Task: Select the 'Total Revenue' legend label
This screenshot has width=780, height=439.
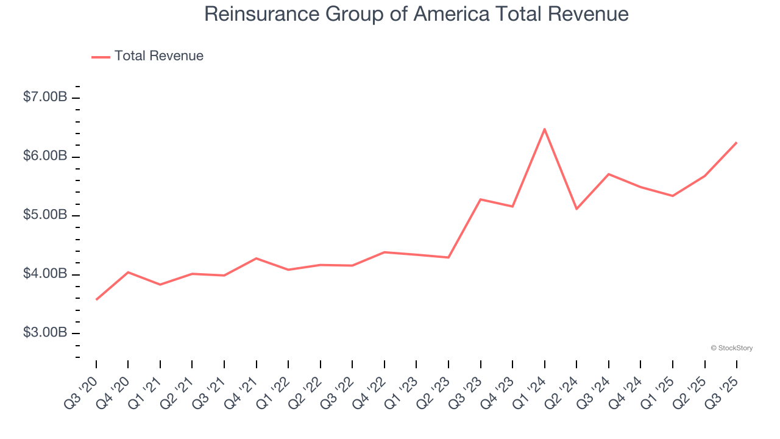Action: point(158,56)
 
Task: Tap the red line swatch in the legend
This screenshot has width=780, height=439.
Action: point(101,57)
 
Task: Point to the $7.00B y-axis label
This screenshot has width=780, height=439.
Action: point(45,97)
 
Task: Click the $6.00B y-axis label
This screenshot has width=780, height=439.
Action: point(45,156)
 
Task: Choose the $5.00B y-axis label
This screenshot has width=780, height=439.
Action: point(45,215)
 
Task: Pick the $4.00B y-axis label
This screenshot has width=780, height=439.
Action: point(45,274)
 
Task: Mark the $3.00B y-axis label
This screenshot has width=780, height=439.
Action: point(45,333)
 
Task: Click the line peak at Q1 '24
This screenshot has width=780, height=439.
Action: point(544,129)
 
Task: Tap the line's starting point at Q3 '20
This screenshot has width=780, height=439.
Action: point(96,299)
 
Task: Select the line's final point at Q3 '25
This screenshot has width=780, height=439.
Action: point(737,143)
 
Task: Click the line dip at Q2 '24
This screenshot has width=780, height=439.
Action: point(576,209)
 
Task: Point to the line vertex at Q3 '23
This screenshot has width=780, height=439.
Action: point(481,199)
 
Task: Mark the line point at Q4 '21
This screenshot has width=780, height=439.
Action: point(256,259)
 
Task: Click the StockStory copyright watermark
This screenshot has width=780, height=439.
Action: point(731,348)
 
